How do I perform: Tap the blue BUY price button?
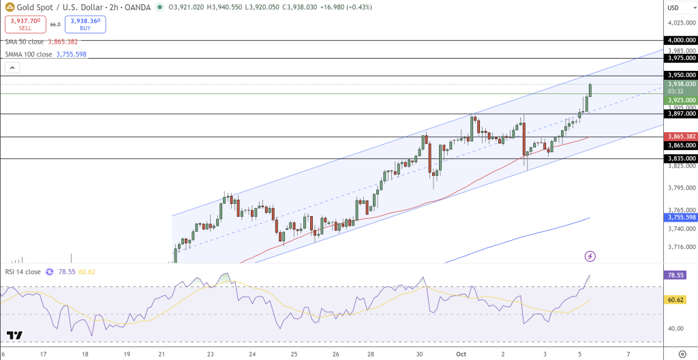85,25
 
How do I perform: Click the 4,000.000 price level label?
681,40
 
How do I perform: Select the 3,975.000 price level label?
681,59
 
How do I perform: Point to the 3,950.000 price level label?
681,75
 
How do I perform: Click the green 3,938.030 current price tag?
681,84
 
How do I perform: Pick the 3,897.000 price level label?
681,115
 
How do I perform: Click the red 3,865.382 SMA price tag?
681,136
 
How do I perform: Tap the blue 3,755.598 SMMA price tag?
681,217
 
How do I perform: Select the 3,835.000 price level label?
681,158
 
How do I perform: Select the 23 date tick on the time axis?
211,355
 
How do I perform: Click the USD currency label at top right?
674,7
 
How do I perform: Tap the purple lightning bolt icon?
590,256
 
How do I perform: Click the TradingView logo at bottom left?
15,335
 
